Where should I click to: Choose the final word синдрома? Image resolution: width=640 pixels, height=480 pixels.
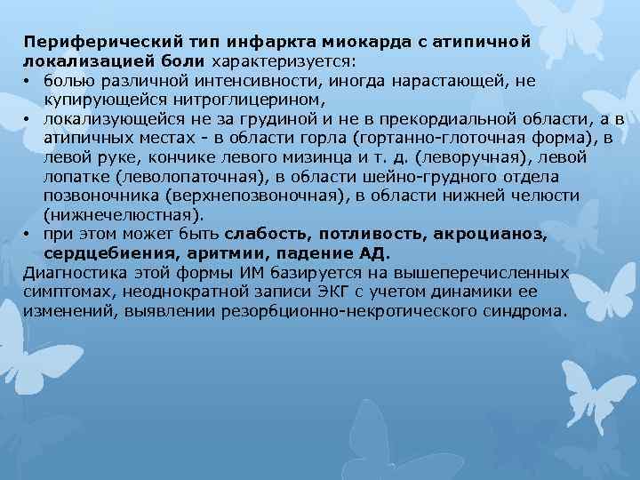pos(521,311)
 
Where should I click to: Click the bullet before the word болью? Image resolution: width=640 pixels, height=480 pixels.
pos(29,81)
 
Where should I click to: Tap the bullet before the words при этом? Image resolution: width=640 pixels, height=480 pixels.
pos(29,234)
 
